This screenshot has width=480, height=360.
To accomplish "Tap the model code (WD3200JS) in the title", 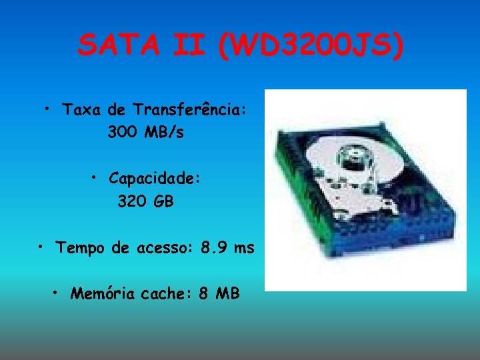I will coord(310,46).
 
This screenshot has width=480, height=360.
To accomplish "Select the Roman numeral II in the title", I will coord(194,46).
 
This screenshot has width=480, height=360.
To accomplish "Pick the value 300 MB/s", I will coord(145,133).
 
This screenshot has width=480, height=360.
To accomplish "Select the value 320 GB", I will coord(145,201).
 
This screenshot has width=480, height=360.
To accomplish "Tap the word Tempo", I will coord(80,249).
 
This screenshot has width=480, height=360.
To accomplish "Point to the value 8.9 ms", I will coord(227,249).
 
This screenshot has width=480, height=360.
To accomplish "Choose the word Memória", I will coord(99,293).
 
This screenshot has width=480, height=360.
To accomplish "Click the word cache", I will coord(163,293).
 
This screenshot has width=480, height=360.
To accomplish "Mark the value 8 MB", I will coord(219,293).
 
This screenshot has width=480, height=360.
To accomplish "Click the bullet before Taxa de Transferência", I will coord(49,107).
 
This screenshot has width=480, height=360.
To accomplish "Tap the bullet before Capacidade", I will coord(95,177).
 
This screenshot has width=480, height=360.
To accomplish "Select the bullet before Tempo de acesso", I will coord(41,247).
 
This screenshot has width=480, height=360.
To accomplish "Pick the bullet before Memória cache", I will coord(57,291).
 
